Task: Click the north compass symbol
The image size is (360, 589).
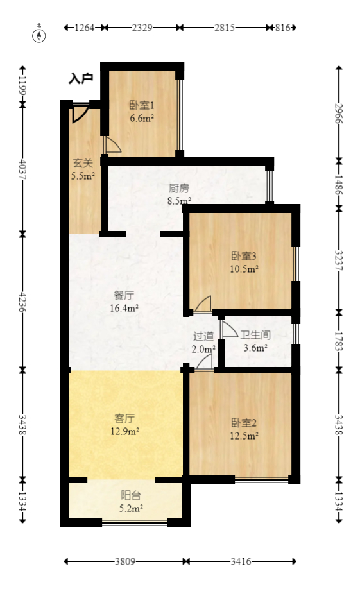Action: (x=40, y=35)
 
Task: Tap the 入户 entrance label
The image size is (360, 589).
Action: (x=81, y=79)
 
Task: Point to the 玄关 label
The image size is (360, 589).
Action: (x=82, y=163)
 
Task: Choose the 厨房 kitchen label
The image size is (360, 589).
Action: (x=179, y=189)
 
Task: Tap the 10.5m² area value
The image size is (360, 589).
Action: (x=244, y=269)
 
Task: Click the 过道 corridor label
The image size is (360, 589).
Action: (x=203, y=336)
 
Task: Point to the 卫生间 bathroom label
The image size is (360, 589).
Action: (x=255, y=335)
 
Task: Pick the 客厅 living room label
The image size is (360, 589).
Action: (x=124, y=417)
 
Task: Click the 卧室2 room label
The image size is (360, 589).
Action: (x=244, y=423)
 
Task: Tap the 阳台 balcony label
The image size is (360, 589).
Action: (x=132, y=495)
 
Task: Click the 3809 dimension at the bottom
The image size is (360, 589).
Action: (x=125, y=562)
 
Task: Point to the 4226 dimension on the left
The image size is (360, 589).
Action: (x=22, y=301)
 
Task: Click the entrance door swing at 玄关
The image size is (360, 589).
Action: (x=80, y=114)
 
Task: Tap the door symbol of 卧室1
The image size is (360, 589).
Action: (x=110, y=144)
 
